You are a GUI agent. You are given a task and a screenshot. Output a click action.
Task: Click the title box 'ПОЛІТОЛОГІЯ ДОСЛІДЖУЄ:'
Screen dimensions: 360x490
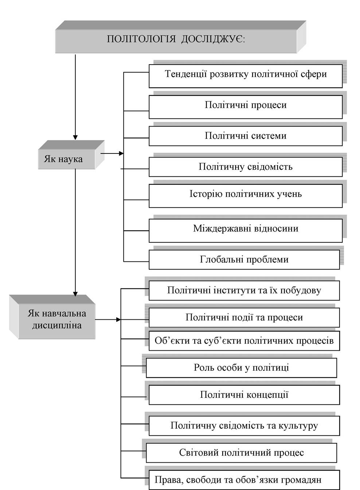click(x=180, y=37)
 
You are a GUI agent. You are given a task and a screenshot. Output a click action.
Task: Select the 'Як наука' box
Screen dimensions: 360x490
click(x=71, y=155)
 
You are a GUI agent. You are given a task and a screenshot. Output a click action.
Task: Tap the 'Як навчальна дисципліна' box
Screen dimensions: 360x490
click(x=52, y=317)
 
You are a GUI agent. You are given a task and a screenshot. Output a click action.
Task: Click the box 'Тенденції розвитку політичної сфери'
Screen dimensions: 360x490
click(x=246, y=76)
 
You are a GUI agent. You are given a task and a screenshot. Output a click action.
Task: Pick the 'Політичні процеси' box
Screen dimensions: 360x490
click(x=246, y=107)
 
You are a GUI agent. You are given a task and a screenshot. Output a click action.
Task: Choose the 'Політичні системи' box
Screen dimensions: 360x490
click(x=246, y=136)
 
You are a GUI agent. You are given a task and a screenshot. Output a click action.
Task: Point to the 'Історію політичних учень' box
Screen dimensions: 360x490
click(x=246, y=196)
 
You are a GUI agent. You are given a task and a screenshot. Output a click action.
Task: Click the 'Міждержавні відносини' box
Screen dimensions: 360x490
click(x=246, y=230)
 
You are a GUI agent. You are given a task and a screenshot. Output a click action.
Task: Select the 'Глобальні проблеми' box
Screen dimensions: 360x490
click(x=244, y=260)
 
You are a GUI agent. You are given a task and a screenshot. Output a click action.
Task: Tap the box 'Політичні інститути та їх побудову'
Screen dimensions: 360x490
click(x=244, y=291)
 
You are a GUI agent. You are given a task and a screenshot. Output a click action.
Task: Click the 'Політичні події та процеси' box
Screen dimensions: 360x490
click(x=244, y=318)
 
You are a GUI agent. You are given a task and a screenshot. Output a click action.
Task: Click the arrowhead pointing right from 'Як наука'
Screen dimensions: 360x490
click(x=121, y=153)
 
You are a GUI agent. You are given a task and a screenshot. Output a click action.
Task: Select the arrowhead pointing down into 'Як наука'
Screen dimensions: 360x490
click(x=75, y=137)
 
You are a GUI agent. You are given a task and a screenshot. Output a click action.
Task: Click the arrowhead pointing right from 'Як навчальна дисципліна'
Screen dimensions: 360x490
click(x=118, y=320)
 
